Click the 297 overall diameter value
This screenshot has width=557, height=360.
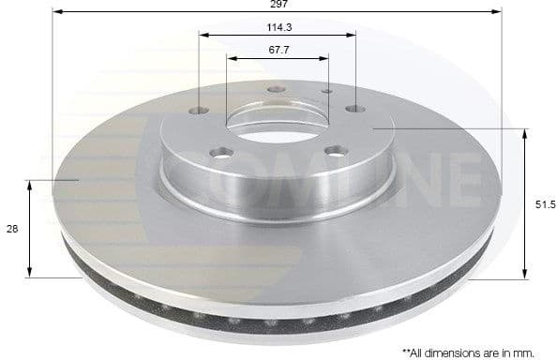click(x=278, y=5)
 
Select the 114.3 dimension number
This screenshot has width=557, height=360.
click(x=278, y=27)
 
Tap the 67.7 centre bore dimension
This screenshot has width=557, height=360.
click(x=278, y=50)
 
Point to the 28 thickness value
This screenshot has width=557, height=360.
click(x=10, y=228)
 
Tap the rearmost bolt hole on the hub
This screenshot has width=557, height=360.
click(x=275, y=90)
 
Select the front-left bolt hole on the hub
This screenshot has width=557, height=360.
click(x=220, y=153)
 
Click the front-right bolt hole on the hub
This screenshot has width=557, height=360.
click(x=335, y=150)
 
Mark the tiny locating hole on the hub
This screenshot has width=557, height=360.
click(x=326, y=92)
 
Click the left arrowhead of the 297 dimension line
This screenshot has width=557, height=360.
click(x=56, y=12)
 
